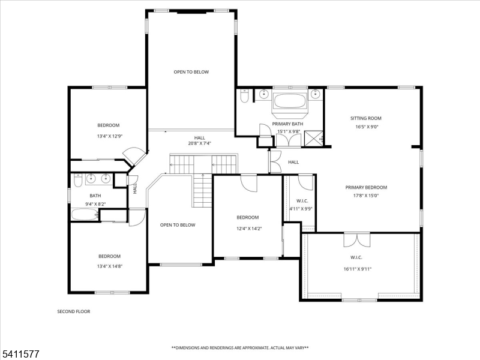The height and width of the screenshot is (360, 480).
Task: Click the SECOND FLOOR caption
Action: coord(74,311)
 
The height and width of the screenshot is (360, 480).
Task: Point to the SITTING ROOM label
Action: coord(366,118)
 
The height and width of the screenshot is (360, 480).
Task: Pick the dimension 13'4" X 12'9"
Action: coord(109,136)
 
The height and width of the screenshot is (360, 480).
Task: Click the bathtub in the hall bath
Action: coord(85,215)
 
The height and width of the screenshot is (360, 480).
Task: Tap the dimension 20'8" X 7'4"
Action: coord(199,144)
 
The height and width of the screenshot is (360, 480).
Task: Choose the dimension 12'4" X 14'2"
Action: coord(247,228)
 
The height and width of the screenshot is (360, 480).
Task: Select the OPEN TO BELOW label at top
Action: coord(191,72)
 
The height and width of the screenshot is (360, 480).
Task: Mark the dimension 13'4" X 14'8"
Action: coord(109,266)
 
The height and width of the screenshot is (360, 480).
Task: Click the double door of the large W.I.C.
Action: coord(353,240)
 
